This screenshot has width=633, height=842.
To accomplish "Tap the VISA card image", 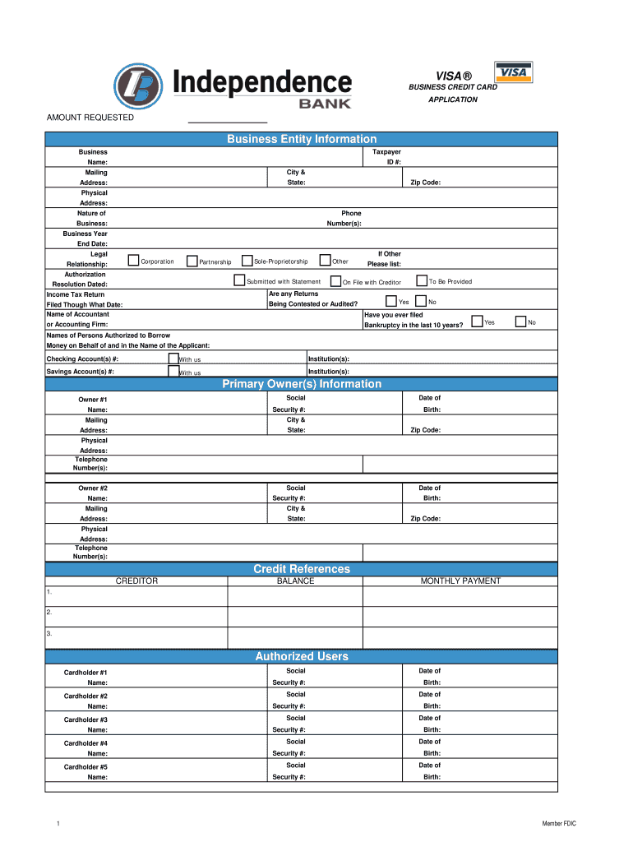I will coord(513,72).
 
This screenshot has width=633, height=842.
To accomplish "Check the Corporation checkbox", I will coord(133,261).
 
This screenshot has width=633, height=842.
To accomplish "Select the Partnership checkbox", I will coord(192,261).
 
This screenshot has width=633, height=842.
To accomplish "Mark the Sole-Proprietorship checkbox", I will coord(247,261).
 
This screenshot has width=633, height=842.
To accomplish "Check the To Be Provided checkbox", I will coord(422,280).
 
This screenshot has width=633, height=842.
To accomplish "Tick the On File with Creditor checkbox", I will coord(335,281).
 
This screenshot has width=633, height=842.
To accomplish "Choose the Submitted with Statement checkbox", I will coord(240,281).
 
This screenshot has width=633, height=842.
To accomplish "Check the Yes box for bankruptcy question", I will coord(477,322).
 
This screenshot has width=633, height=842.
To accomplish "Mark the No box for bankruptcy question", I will coord(520,322).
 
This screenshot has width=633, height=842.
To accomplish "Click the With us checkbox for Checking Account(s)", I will coord(173,359).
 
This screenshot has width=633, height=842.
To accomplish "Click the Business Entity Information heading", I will coord(302,140).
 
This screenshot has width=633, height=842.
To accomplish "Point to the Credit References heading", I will coord(302,569).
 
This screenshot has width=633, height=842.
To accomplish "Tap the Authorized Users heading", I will coord(302,656).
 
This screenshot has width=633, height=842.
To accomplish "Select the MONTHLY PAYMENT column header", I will coord(460,581).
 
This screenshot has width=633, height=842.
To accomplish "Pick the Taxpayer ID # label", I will coord(386,157).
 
